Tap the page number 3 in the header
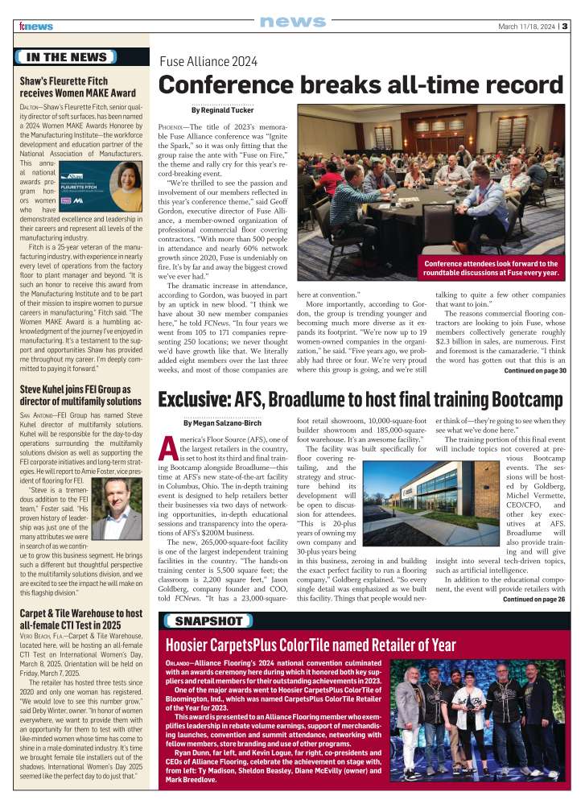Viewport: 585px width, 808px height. [x=565, y=26]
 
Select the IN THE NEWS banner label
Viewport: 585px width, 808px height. [x=66, y=57]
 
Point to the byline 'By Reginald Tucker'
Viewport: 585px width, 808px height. [x=223, y=110]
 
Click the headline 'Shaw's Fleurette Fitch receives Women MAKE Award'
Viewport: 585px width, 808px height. [x=78, y=86]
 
